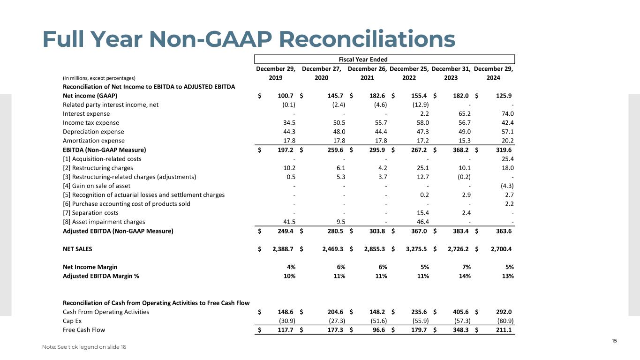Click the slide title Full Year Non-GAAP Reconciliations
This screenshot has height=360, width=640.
tap(248, 39)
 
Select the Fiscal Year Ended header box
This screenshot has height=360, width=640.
tap(384, 59)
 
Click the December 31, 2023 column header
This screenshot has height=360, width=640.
tap(450, 73)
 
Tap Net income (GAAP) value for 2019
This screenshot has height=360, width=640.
tap(286, 96)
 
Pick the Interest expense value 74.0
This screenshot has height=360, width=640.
tap(507, 114)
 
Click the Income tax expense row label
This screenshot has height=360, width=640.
tap(91, 123)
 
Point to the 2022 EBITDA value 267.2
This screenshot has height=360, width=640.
tap(420, 150)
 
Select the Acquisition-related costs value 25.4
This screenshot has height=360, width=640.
tap(507, 159)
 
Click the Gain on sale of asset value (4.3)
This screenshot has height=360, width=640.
tap(506, 186)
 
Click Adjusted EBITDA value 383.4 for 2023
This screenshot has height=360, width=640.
tap(462, 231)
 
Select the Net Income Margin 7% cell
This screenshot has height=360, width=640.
tap(467, 267)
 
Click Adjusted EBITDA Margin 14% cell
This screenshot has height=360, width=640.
tap(465, 276)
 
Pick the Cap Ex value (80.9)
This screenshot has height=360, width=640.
tap(506, 321)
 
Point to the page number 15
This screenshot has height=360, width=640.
tap(614, 341)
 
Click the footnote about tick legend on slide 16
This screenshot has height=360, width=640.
tap(84, 347)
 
